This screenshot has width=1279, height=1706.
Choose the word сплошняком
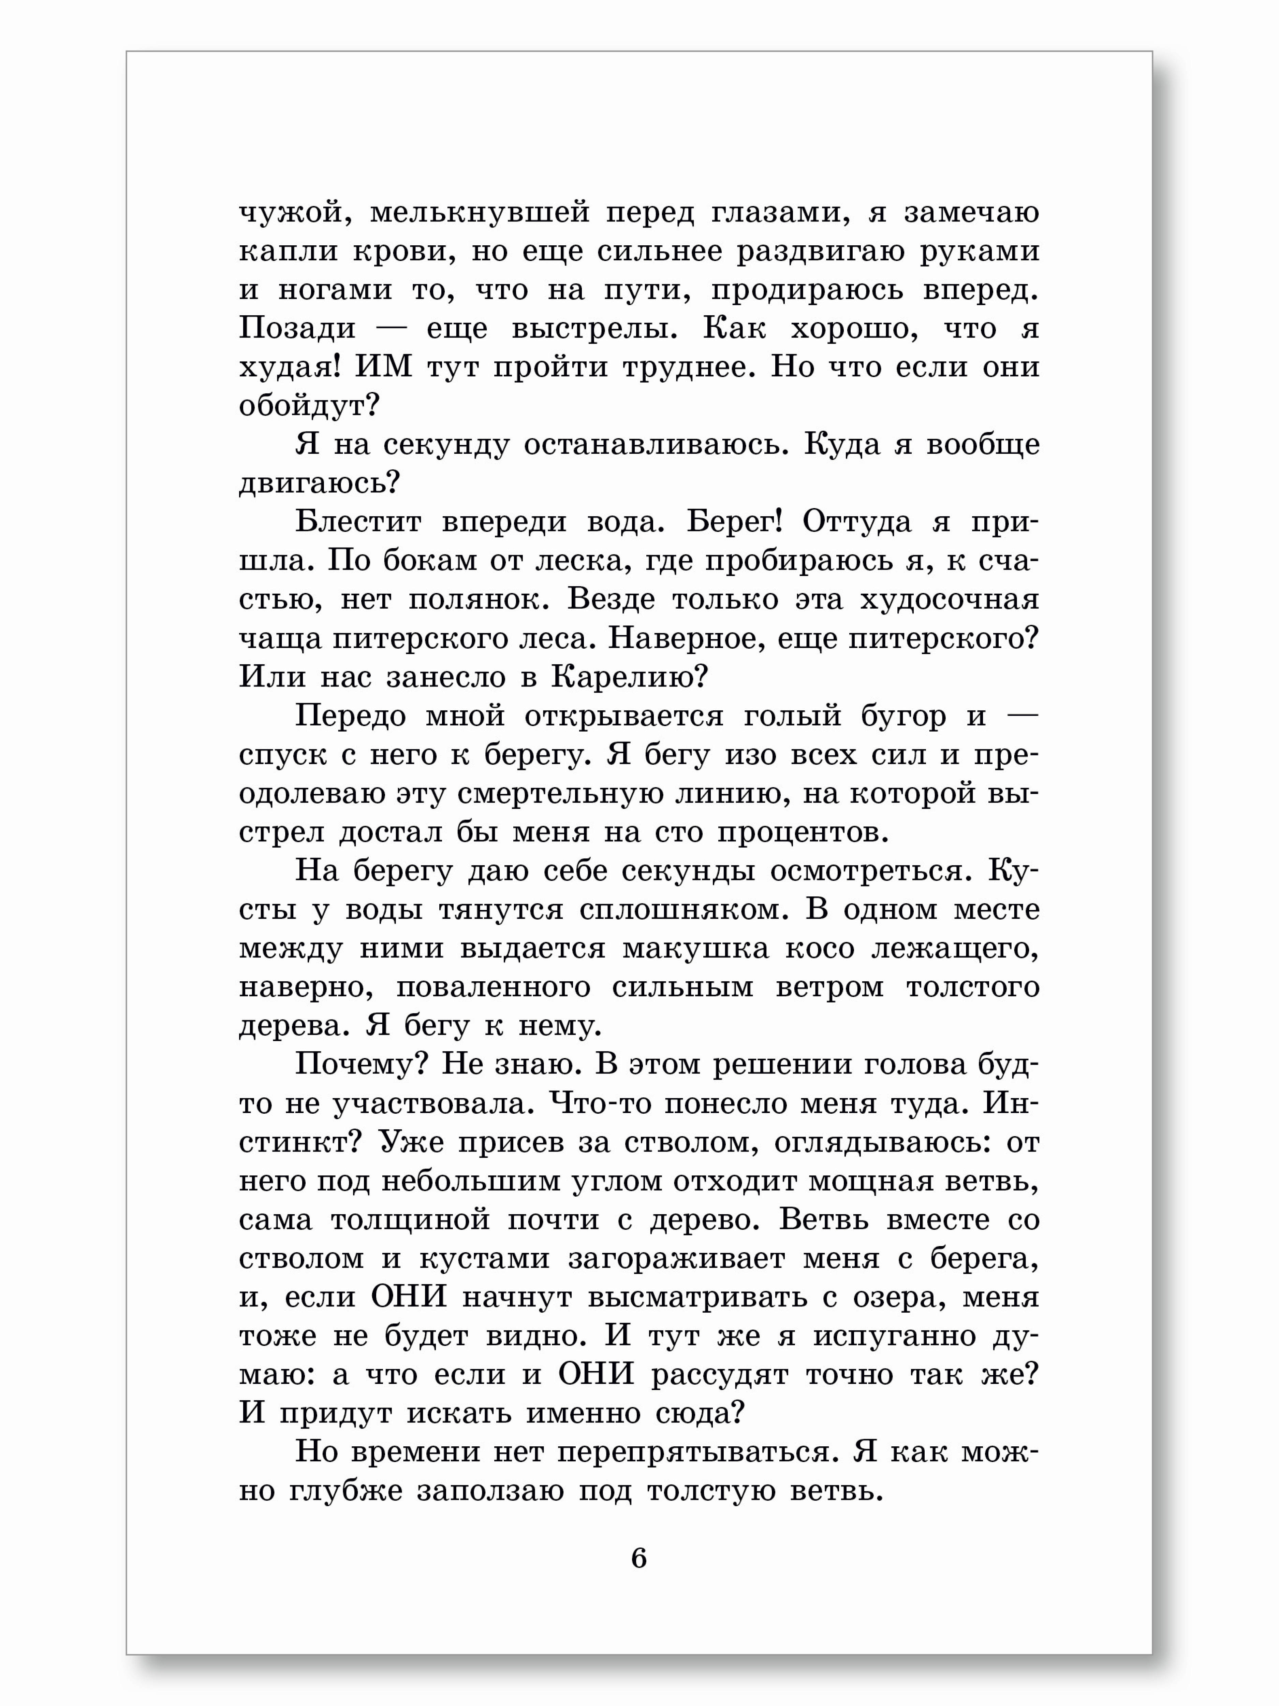point(684,910)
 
